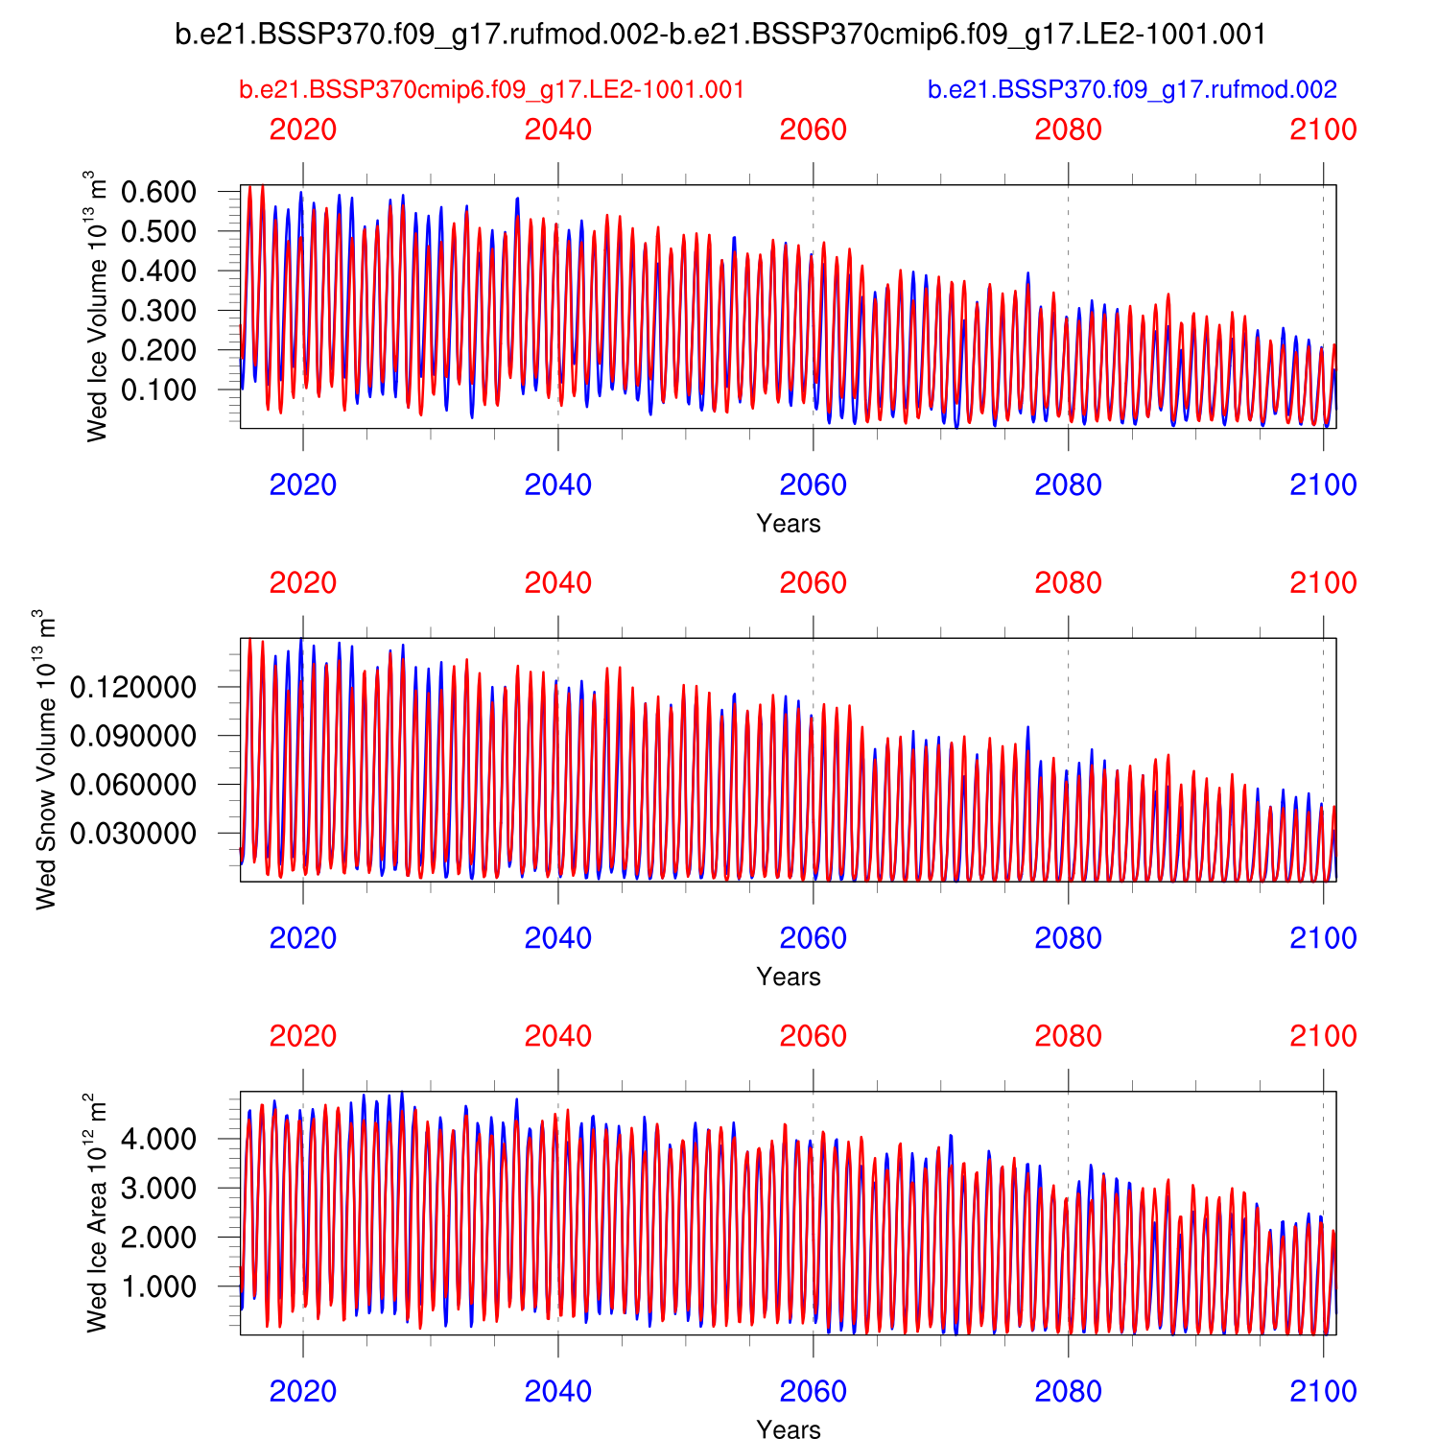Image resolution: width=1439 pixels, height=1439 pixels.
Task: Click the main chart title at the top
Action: pos(720,35)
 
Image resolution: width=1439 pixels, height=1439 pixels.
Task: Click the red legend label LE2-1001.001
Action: pos(491,89)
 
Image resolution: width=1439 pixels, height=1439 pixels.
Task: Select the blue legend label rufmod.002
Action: pos(1132,89)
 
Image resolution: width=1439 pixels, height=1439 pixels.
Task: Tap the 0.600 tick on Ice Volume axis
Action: pos(158,192)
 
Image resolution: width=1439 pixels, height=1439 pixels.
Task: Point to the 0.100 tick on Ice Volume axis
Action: pos(158,389)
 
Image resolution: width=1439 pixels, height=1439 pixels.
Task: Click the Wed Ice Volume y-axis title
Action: pos(96,306)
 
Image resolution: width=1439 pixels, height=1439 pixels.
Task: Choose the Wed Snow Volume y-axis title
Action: pos(46,759)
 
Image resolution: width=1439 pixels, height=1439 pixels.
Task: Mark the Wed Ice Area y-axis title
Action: pos(96,1212)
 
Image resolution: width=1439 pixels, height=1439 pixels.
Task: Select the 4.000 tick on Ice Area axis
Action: pos(158,1140)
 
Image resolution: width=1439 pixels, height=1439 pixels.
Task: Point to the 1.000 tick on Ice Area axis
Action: pos(158,1286)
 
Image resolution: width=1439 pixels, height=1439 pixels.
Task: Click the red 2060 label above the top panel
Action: pos(814,130)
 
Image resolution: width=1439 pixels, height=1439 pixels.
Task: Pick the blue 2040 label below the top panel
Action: pos(558,484)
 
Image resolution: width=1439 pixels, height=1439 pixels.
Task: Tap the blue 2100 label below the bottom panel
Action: pos(1323,1391)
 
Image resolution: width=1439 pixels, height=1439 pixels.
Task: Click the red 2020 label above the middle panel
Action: pos(303,582)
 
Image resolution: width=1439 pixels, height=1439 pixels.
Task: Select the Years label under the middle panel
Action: pos(789,977)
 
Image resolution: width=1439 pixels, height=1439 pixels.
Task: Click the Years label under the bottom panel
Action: pos(789,1429)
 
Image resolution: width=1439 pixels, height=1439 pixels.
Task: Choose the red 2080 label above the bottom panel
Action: pos(1068,1036)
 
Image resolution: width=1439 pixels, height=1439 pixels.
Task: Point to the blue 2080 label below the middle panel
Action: pos(1068,938)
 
